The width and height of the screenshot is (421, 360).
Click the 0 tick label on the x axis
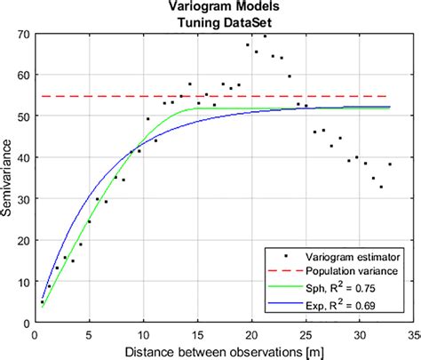34,333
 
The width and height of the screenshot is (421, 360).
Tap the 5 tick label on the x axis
89,333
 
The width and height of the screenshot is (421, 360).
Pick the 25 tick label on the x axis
306,333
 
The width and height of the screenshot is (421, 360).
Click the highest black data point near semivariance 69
265,36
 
